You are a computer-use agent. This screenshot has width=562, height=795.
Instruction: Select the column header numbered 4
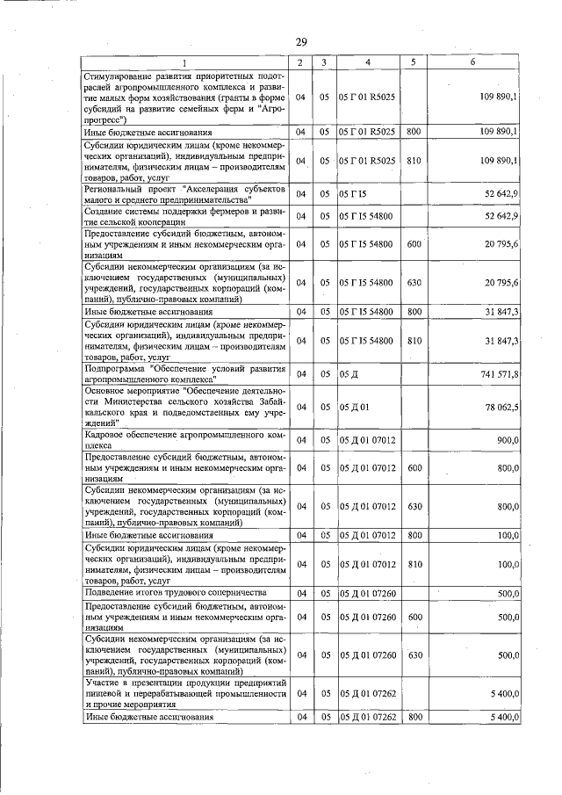(367, 62)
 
